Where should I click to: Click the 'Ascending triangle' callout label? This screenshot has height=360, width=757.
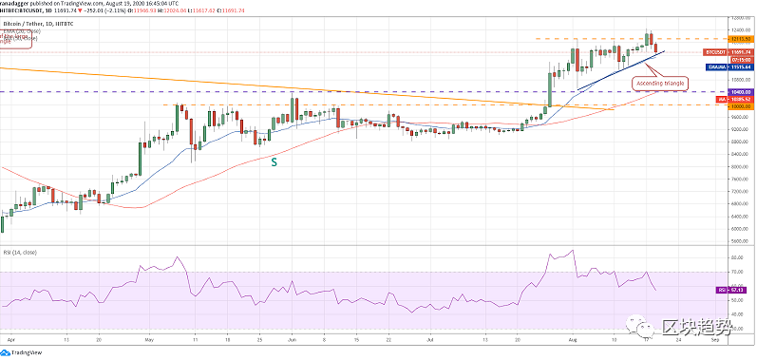coord(660,84)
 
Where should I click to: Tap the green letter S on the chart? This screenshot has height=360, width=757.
coord(275,162)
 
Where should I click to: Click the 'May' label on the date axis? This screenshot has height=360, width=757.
coord(148,337)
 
